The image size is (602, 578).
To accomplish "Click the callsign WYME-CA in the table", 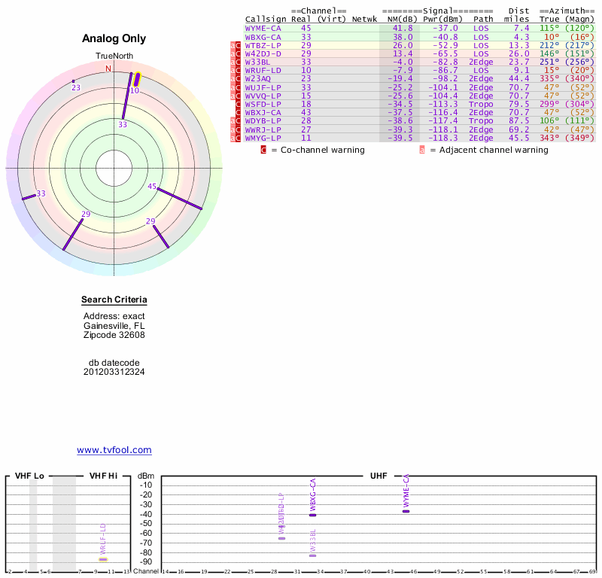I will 263,28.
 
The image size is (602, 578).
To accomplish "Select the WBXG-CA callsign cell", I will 263,36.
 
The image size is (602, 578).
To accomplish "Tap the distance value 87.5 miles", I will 518,120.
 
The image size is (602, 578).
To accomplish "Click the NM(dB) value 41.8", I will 403,28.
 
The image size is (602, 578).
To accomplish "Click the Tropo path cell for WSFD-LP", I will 482,104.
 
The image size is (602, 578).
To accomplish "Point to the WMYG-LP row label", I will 263,138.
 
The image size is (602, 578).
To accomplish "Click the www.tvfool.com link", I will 114,450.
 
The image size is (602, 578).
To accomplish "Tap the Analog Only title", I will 114,38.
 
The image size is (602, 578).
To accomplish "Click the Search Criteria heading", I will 114,300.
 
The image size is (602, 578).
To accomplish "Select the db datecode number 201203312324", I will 114,372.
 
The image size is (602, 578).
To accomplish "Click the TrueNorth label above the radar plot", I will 114,56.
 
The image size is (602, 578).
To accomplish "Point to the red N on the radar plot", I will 108,68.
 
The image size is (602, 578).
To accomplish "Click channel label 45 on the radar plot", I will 153,186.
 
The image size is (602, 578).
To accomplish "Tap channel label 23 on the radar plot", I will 75,88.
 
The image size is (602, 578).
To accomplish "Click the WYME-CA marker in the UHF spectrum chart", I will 406,511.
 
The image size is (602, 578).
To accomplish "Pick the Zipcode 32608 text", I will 114,335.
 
